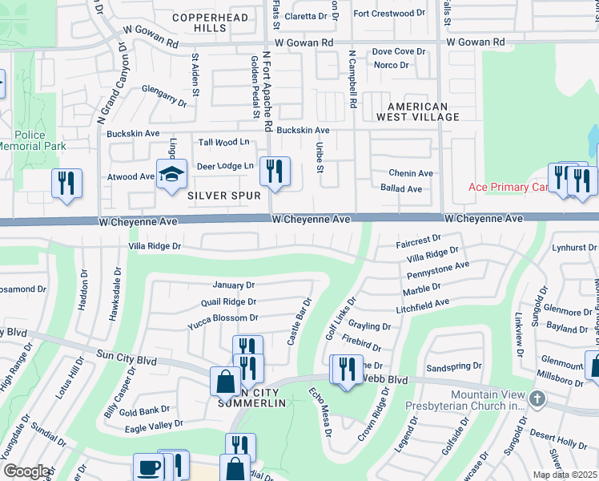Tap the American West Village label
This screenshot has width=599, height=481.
point(424,111)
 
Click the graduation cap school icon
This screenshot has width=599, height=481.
point(171,174)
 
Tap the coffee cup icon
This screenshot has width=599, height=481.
point(148,467)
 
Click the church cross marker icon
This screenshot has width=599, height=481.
point(537,398)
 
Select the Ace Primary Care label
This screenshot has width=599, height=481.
point(508,188)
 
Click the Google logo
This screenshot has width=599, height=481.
point(26,471)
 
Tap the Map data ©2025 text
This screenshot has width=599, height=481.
point(565,475)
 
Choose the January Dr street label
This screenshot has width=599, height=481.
point(233,285)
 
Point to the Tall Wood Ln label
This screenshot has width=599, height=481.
point(224,142)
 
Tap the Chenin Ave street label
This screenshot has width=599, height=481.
point(411,173)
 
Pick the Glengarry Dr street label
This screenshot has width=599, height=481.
point(163,96)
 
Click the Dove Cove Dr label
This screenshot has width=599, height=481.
point(399,51)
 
